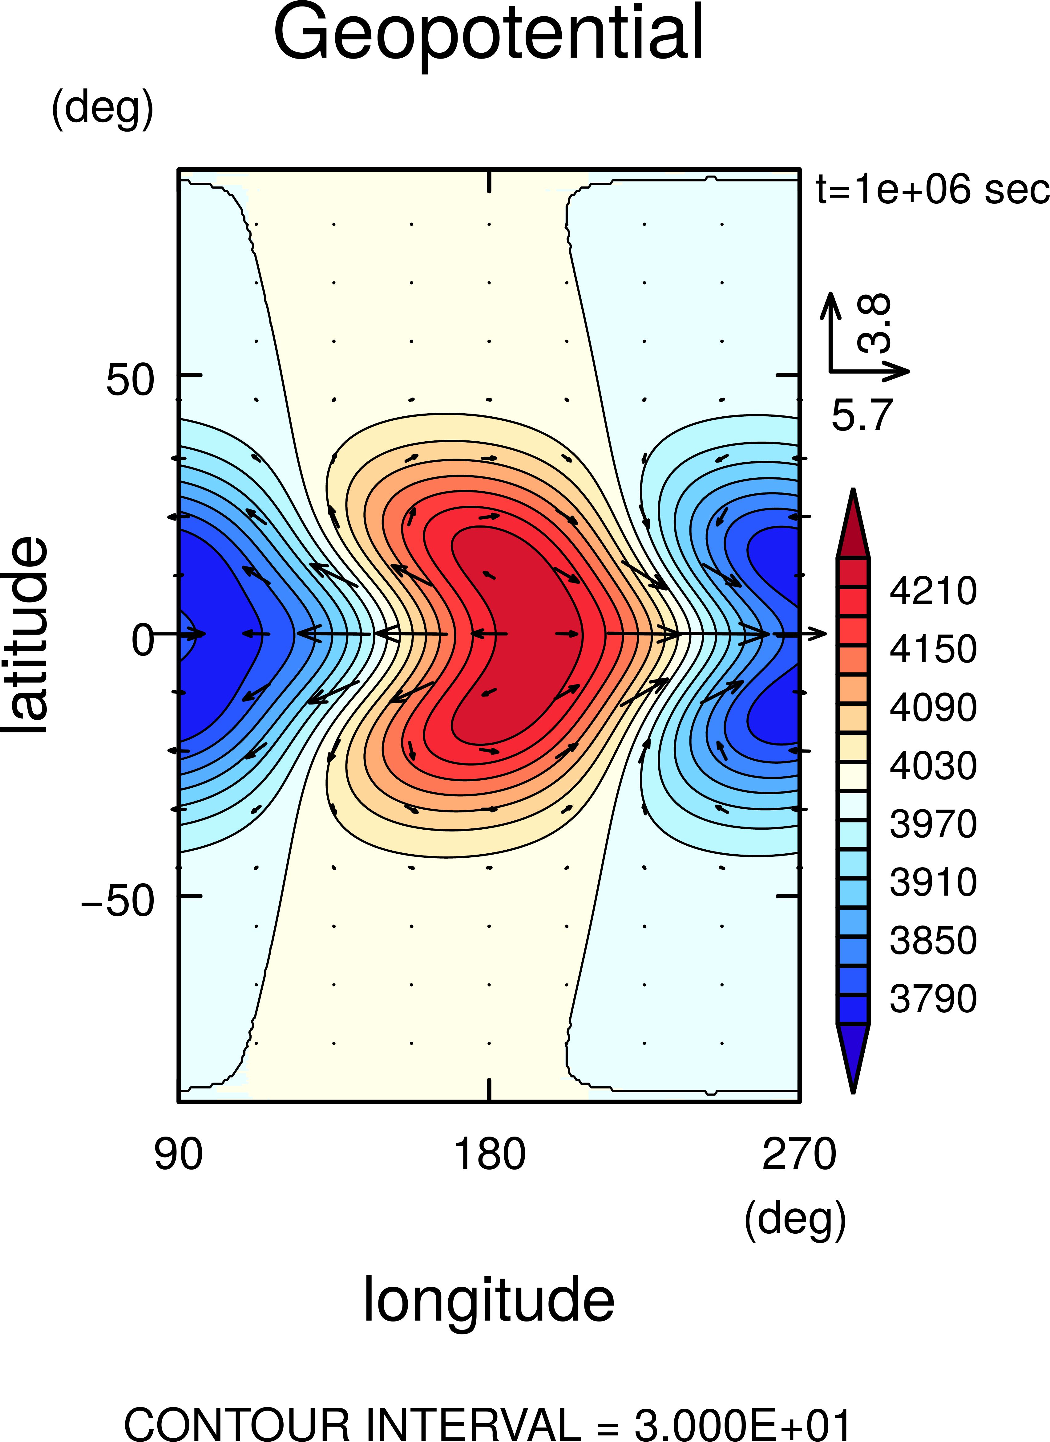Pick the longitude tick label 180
(x=489, y=1154)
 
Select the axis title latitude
(x=26, y=636)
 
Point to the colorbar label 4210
(x=932, y=591)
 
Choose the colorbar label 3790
(x=932, y=999)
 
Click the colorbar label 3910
(x=932, y=882)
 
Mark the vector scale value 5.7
(x=862, y=415)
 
